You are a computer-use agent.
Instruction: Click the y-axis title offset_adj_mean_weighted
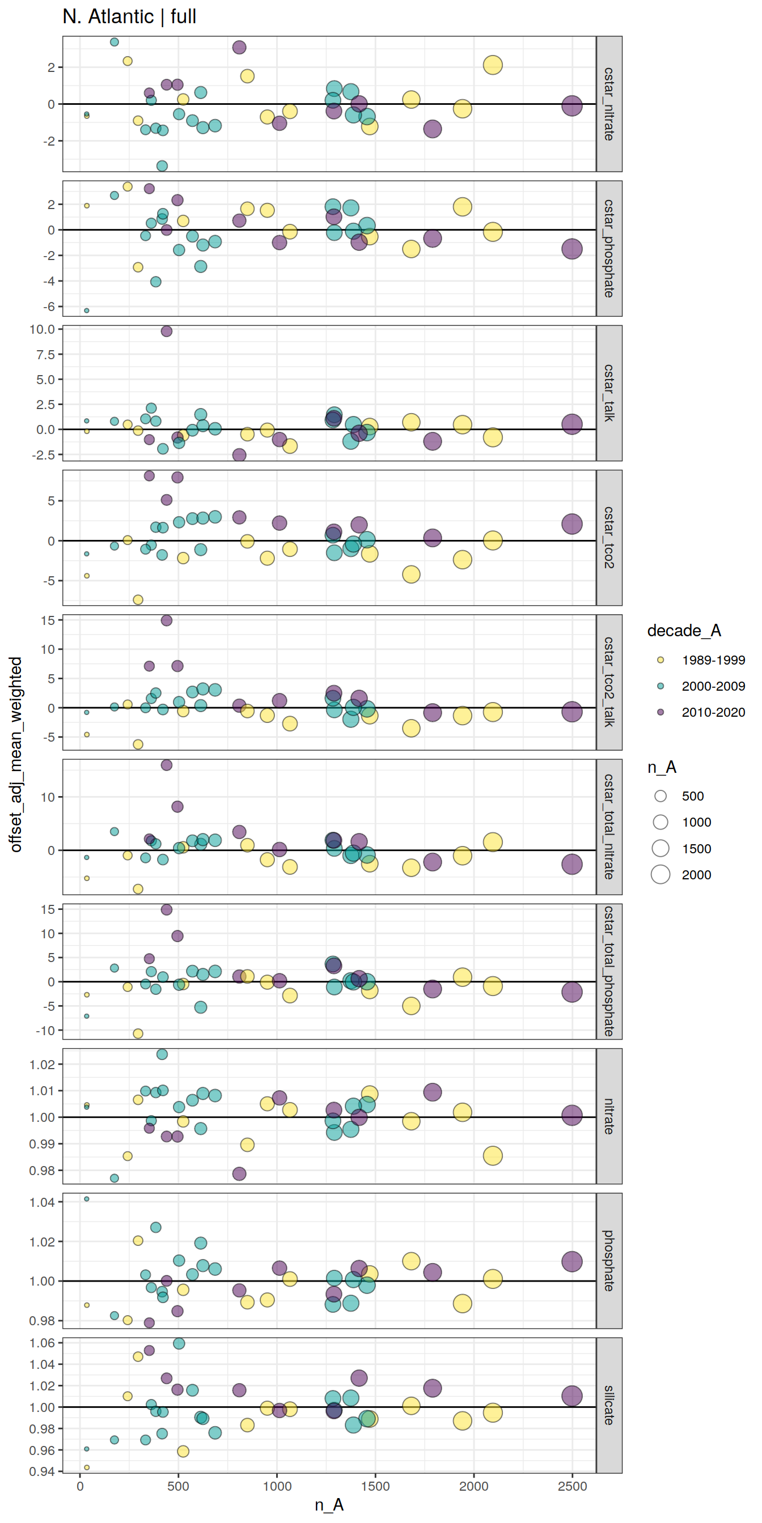pyautogui.click(x=16, y=754)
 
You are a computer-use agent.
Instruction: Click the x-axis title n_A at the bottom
pyautogui.click(x=329, y=1505)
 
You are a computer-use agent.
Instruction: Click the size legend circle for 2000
pyautogui.click(x=661, y=874)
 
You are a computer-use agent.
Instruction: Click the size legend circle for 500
pyautogui.click(x=661, y=796)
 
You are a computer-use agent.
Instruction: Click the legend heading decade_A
pyautogui.click(x=684, y=631)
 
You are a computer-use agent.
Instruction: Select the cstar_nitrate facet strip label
pyautogui.click(x=609, y=104)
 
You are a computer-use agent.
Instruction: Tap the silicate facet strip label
pyautogui.click(x=609, y=1405)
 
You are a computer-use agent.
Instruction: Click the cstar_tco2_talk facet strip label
pyautogui.click(x=609, y=682)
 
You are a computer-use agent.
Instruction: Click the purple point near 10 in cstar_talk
pyautogui.click(x=166, y=331)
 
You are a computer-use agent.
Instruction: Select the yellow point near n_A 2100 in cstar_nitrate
pyautogui.click(x=492, y=65)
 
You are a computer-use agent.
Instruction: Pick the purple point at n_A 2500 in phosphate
pyautogui.click(x=571, y=1261)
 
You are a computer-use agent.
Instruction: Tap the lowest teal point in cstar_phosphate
pyautogui.click(x=86, y=310)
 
